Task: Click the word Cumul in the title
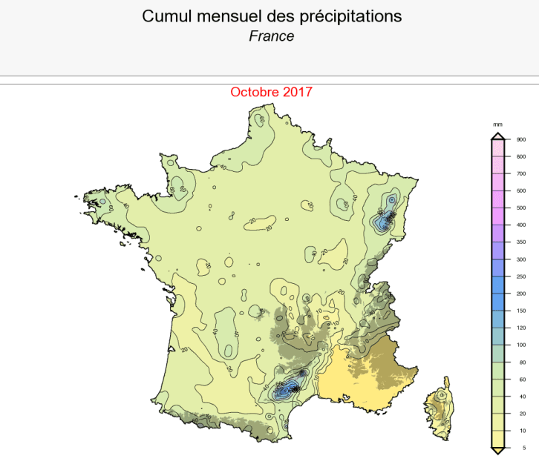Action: [166, 16]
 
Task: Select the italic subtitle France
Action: [272, 36]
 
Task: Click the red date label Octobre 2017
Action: [271, 92]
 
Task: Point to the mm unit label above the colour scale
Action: [497, 125]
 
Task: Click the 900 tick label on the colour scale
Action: [521, 139]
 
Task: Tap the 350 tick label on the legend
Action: [521, 242]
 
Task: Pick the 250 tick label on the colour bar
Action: [521, 276]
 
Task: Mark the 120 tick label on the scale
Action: [521, 328]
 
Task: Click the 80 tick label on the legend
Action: [520, 362]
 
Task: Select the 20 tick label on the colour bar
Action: [520, 414]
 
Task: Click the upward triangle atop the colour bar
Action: [498, 136]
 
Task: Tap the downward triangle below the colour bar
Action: [498, 450]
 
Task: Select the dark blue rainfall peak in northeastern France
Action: [385, 220]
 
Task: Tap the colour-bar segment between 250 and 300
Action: [498, 268]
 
